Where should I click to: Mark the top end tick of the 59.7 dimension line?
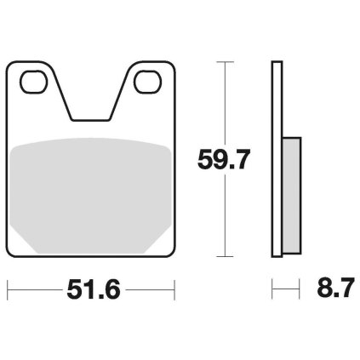pyautogui.click(x=225, y=62)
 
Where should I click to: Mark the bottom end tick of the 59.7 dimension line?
pyautogui.click(x=225, y=256)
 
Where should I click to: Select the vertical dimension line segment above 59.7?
pyautogui.click(x=225, y=102)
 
